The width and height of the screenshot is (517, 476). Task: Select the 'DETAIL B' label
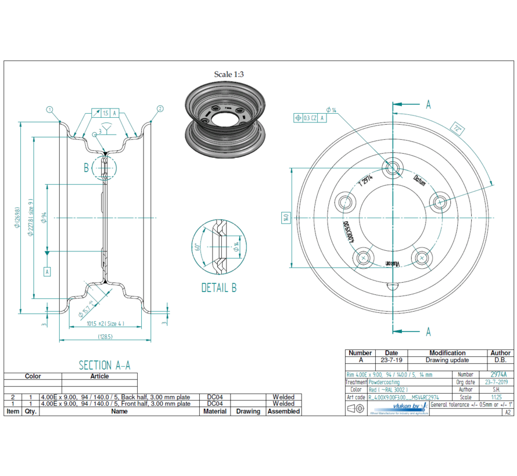218,288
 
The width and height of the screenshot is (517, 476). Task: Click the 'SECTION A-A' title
105,365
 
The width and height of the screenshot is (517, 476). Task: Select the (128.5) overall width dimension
105,337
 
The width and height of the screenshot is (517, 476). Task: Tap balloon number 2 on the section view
160,109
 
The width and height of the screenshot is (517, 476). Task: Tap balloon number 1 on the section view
50,109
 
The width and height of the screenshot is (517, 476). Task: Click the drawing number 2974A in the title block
498,375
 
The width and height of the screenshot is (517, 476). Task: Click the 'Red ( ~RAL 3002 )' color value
389,390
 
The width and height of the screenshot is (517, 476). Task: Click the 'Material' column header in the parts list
215,411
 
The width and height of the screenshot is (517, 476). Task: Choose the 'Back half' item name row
115,397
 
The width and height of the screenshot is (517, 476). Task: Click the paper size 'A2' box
508,412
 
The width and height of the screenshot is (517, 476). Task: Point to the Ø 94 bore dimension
45,218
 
